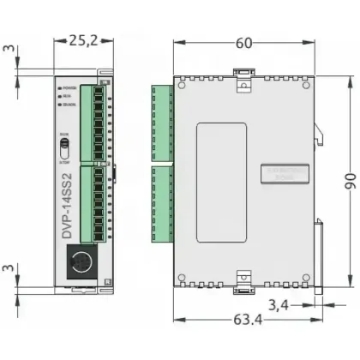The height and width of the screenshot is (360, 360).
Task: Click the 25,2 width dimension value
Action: pyautogui.click(x=83, y=39)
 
